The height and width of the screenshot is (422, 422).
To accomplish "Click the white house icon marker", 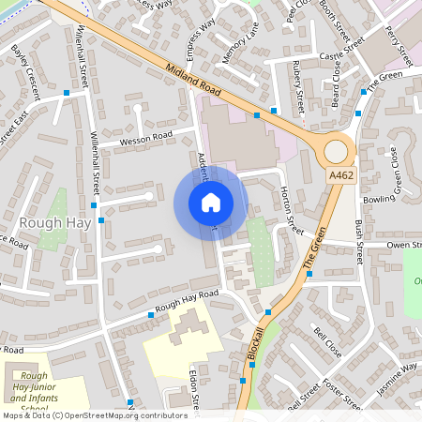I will tap(211, 203).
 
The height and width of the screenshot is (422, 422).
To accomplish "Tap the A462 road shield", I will tap(341, 175).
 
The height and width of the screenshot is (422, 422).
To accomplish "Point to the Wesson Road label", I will tap(145, 139).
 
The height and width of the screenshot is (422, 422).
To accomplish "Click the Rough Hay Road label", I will tap(187, 301).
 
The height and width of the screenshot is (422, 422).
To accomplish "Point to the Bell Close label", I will tap(327, 343).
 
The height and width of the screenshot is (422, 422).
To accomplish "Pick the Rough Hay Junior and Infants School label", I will tap(35, 389).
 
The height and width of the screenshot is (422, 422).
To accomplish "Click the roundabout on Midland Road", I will tap(335, 150).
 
